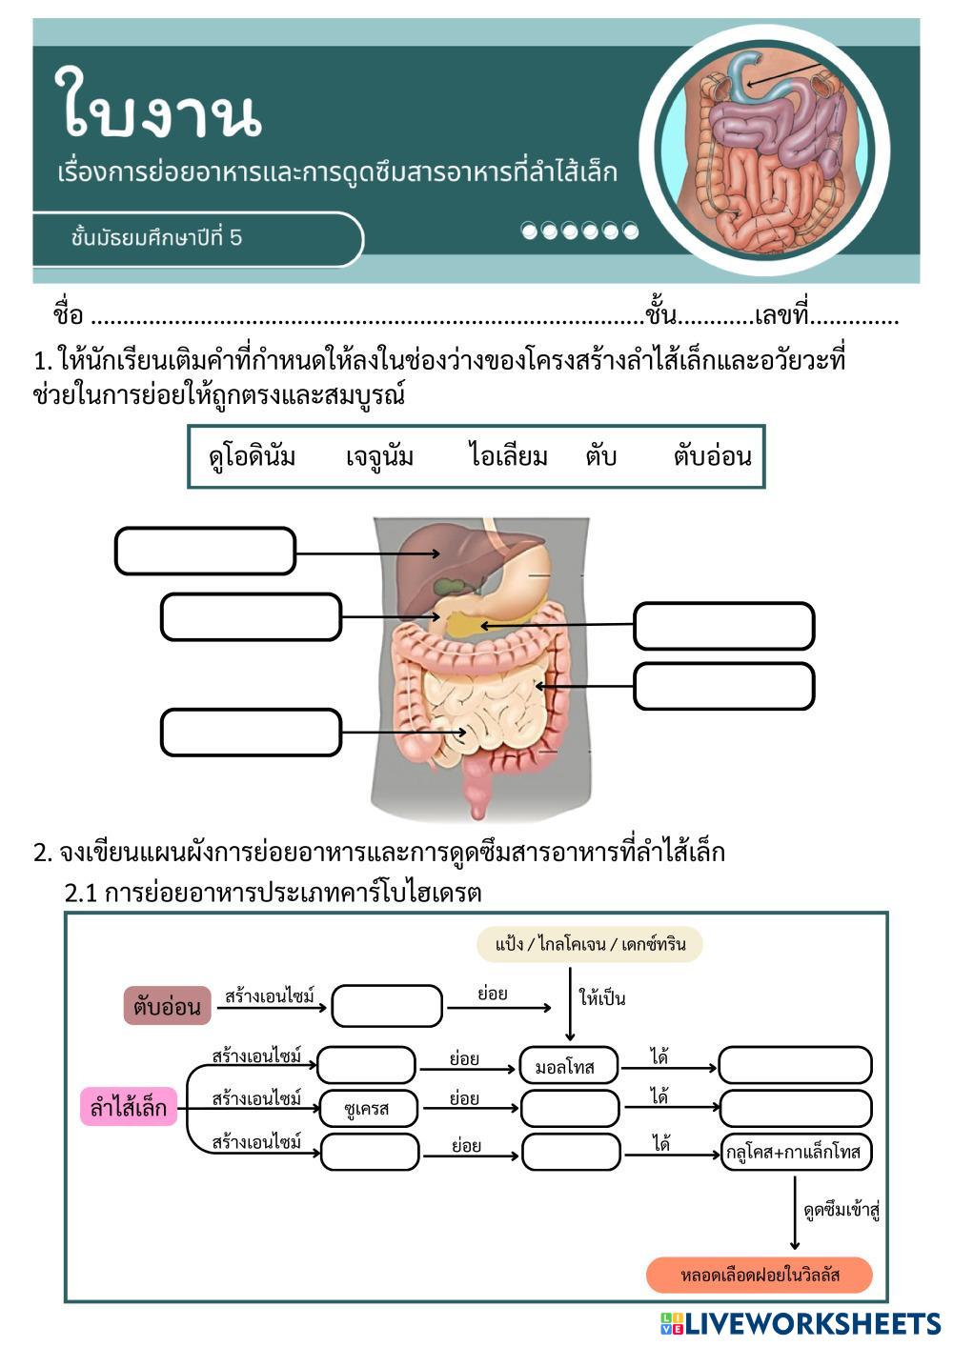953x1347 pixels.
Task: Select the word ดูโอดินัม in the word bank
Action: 253,457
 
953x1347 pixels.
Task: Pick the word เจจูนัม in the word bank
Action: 379,457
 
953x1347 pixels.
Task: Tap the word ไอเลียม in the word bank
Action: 508,457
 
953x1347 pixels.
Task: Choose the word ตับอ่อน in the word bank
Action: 712,457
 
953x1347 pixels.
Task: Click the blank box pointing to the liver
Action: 205,552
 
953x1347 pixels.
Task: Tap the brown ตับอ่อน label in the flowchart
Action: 167,1006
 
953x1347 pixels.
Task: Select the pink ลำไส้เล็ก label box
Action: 129,1108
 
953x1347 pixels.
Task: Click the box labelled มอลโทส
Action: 569,1066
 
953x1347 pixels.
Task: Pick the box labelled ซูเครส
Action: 368,1109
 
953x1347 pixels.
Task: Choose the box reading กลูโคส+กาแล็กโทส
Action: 795,1153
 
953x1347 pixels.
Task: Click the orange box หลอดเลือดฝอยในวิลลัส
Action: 759,1275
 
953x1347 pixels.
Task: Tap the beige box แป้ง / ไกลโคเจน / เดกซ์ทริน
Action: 589,944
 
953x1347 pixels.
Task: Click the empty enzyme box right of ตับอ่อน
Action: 387,1006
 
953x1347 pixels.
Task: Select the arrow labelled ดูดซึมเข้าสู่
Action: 795,1212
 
